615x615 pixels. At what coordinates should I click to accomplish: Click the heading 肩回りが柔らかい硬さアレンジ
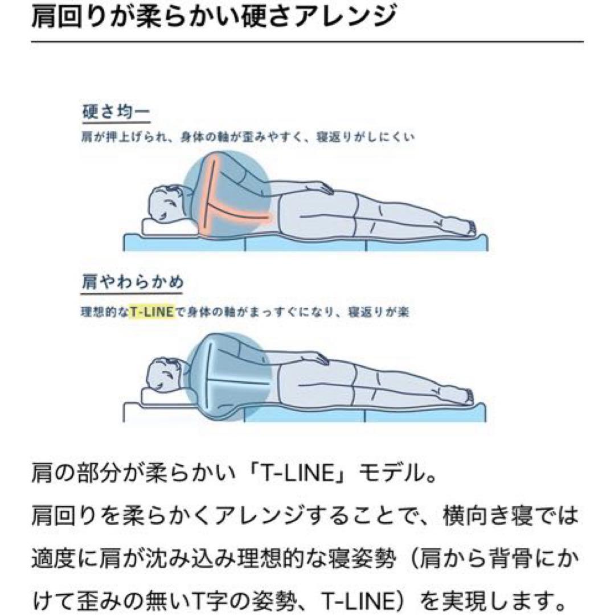pos(214,17)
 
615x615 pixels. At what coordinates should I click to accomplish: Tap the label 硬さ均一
pos(116,112)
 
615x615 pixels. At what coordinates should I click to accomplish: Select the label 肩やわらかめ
pos(133,282)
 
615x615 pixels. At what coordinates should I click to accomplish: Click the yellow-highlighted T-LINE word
pos(151,312)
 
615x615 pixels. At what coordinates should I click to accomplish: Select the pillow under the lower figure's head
pos(167,397)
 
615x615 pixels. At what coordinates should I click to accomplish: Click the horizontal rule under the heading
pos(307,41)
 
